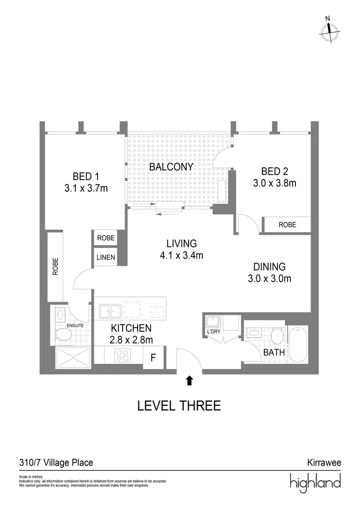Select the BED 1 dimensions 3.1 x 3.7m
coord(86,189)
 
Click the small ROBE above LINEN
coord(106,238)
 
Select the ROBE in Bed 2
coord(287,225)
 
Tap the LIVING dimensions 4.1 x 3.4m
coord(181,256)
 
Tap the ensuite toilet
coord(63,335)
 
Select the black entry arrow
coord(189,380)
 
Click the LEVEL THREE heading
coord(179,405)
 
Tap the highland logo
coord(315,483)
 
